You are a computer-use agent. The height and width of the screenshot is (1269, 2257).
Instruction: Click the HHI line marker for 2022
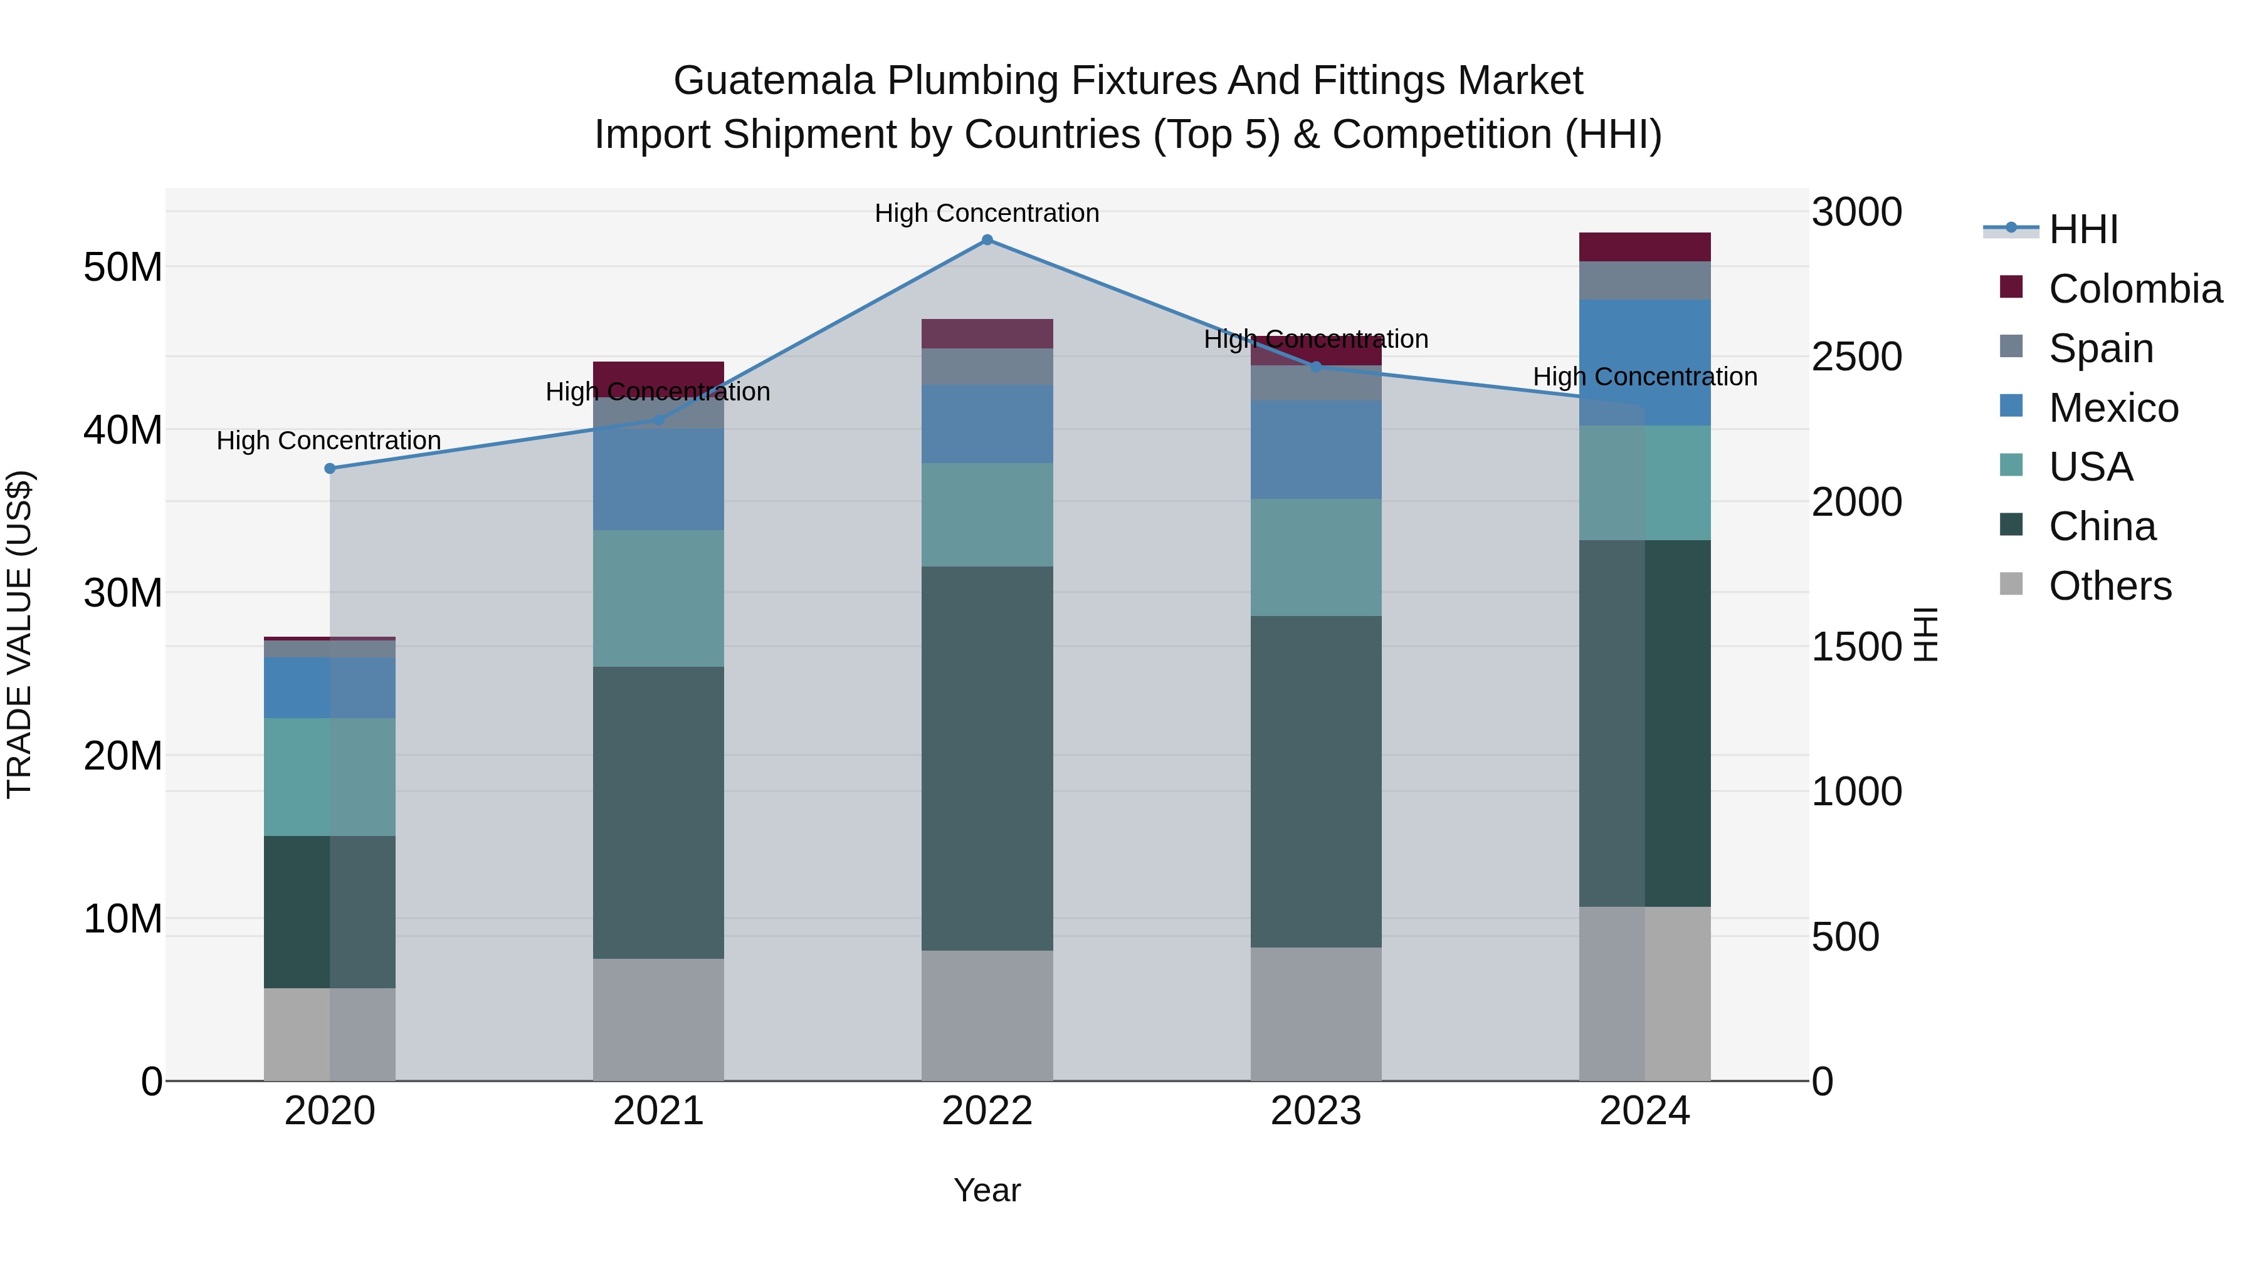[x=987, y=240]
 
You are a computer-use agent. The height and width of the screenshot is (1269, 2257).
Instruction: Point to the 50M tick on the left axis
[x=124, y=267]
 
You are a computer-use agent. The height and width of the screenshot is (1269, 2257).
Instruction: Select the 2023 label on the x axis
[x=1315, y=1111]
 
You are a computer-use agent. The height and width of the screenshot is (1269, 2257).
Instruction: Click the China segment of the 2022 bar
[x=987, y=758]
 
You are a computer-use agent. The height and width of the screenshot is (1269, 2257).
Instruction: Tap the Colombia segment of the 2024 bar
[x=1644, y=247]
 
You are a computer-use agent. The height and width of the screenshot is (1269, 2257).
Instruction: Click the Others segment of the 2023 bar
[x=1315, y=1013]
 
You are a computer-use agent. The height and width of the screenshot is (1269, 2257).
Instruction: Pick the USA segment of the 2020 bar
[x=329, y=777]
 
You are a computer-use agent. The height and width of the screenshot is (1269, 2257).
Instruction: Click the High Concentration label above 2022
[x=987, y=213]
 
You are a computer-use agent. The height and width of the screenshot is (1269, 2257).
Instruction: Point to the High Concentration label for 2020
[x=329, y=441]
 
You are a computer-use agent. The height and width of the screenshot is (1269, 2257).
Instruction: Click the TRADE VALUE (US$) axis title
[x=19, y=634]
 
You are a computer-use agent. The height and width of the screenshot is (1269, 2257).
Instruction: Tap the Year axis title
[x=987, y=1190]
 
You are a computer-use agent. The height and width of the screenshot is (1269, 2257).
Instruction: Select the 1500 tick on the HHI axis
[x=1856, y=647]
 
